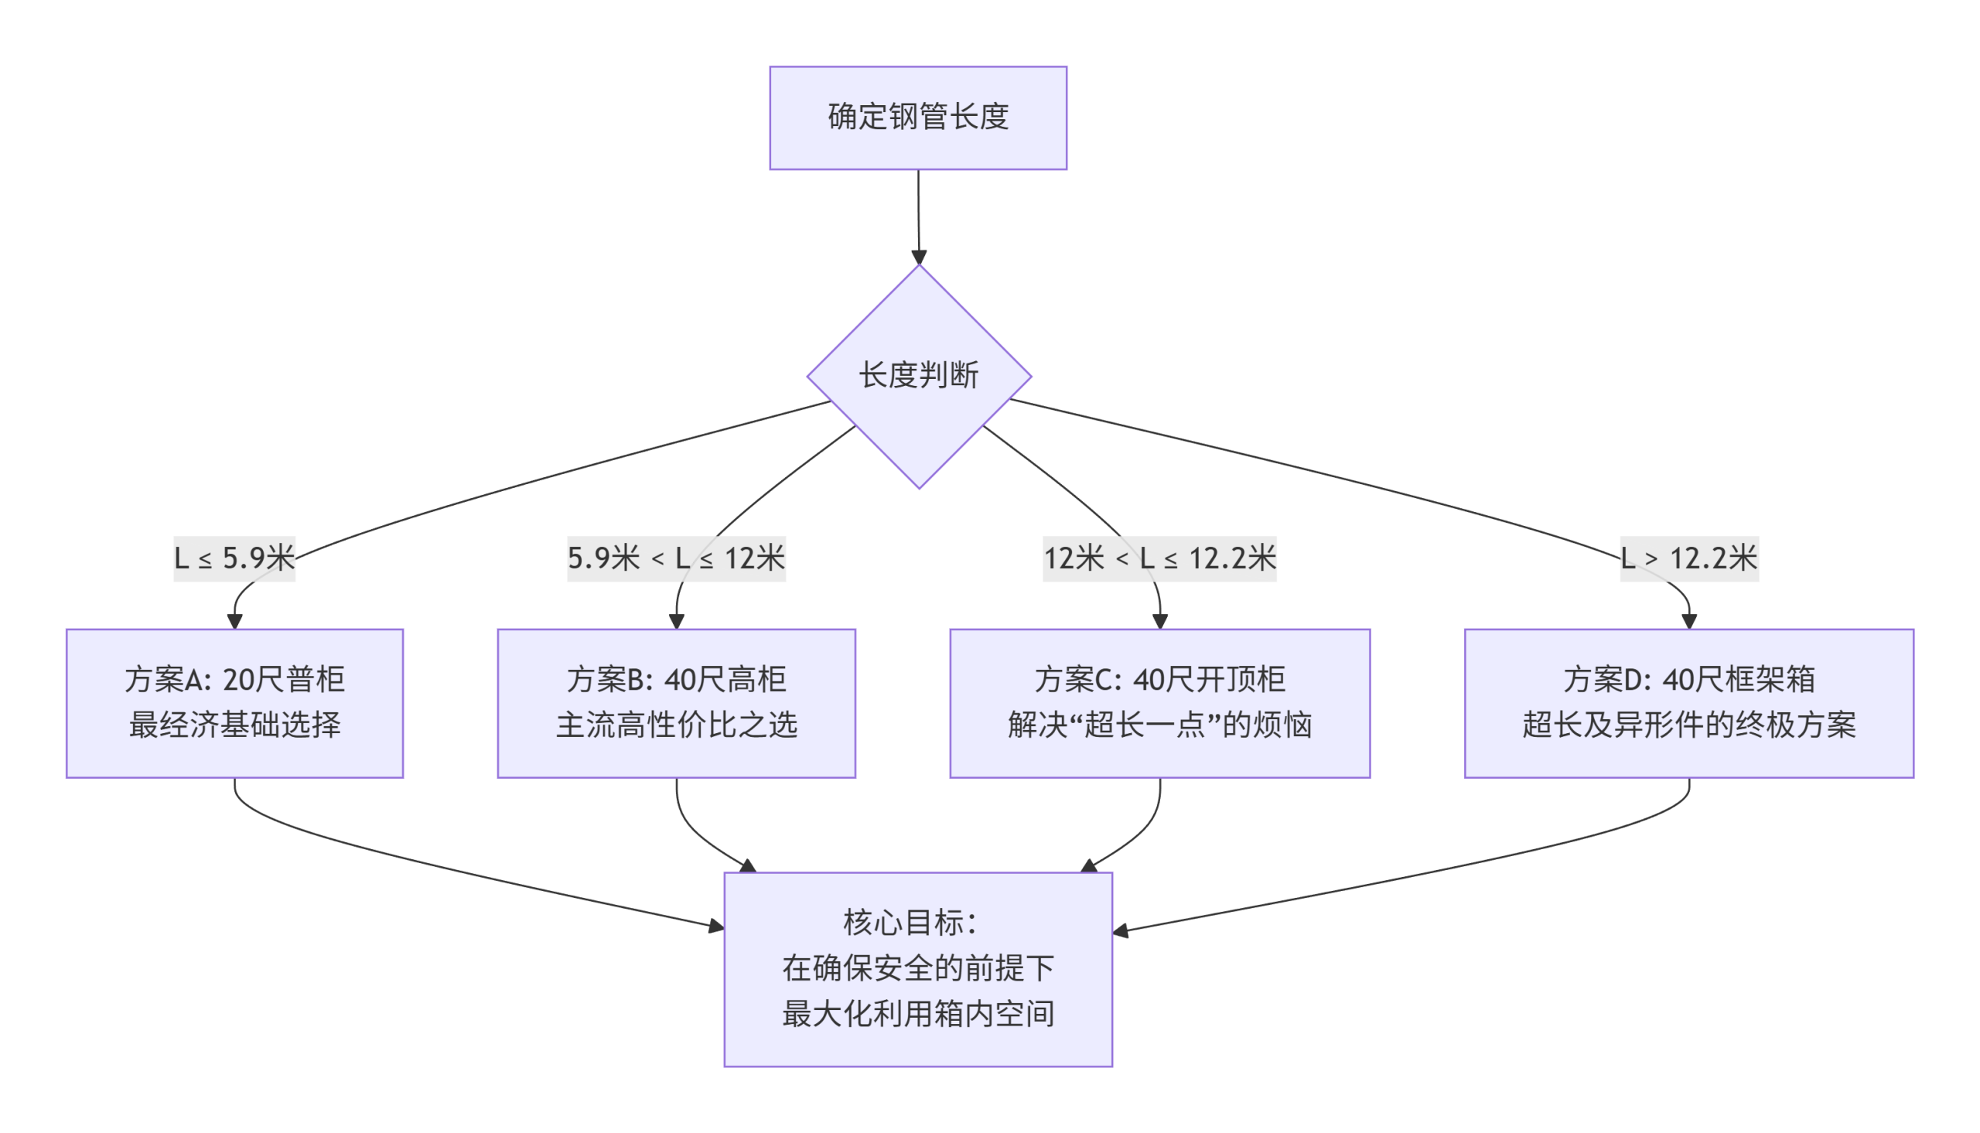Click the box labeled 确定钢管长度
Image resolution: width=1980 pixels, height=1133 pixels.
tap(918, 118)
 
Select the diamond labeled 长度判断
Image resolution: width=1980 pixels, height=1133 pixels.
tap(919, 377)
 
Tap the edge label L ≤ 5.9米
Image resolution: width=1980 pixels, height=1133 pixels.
tap(234, 558)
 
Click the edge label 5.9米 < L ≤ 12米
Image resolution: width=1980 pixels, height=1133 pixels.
tap(676, 558)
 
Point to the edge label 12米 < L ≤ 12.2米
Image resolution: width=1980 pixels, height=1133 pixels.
tap(1159, 558)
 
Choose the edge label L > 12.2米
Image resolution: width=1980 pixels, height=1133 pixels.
tap(1689, 558)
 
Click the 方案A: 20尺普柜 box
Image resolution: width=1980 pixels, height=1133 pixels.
tap(234, 703)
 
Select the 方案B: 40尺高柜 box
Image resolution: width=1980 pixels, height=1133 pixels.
tap(676, 703)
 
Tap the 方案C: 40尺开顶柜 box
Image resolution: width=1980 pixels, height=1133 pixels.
tap(1159, 703)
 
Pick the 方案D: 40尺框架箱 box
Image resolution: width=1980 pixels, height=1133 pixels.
tap(1688, 703)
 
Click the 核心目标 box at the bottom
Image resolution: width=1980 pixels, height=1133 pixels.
tap(918, 969)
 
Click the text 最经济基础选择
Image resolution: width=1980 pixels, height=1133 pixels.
tap(234, 725)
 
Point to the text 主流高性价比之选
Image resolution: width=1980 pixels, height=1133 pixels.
tap(676, 725)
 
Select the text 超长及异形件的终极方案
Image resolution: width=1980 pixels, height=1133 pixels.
tap(1688, 725)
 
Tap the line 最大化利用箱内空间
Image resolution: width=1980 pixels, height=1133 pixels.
tap(918, 1014)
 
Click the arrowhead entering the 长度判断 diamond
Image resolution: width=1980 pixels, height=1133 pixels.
tap(919, 258)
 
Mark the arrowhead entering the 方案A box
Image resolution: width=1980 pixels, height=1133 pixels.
tap(234, 621)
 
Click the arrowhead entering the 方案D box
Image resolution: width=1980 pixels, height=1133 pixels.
tap(1689, 621)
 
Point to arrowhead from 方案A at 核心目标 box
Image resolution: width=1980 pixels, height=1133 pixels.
tap(716, 926)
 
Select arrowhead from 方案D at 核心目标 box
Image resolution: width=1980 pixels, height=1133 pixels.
tap(1121, 930)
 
